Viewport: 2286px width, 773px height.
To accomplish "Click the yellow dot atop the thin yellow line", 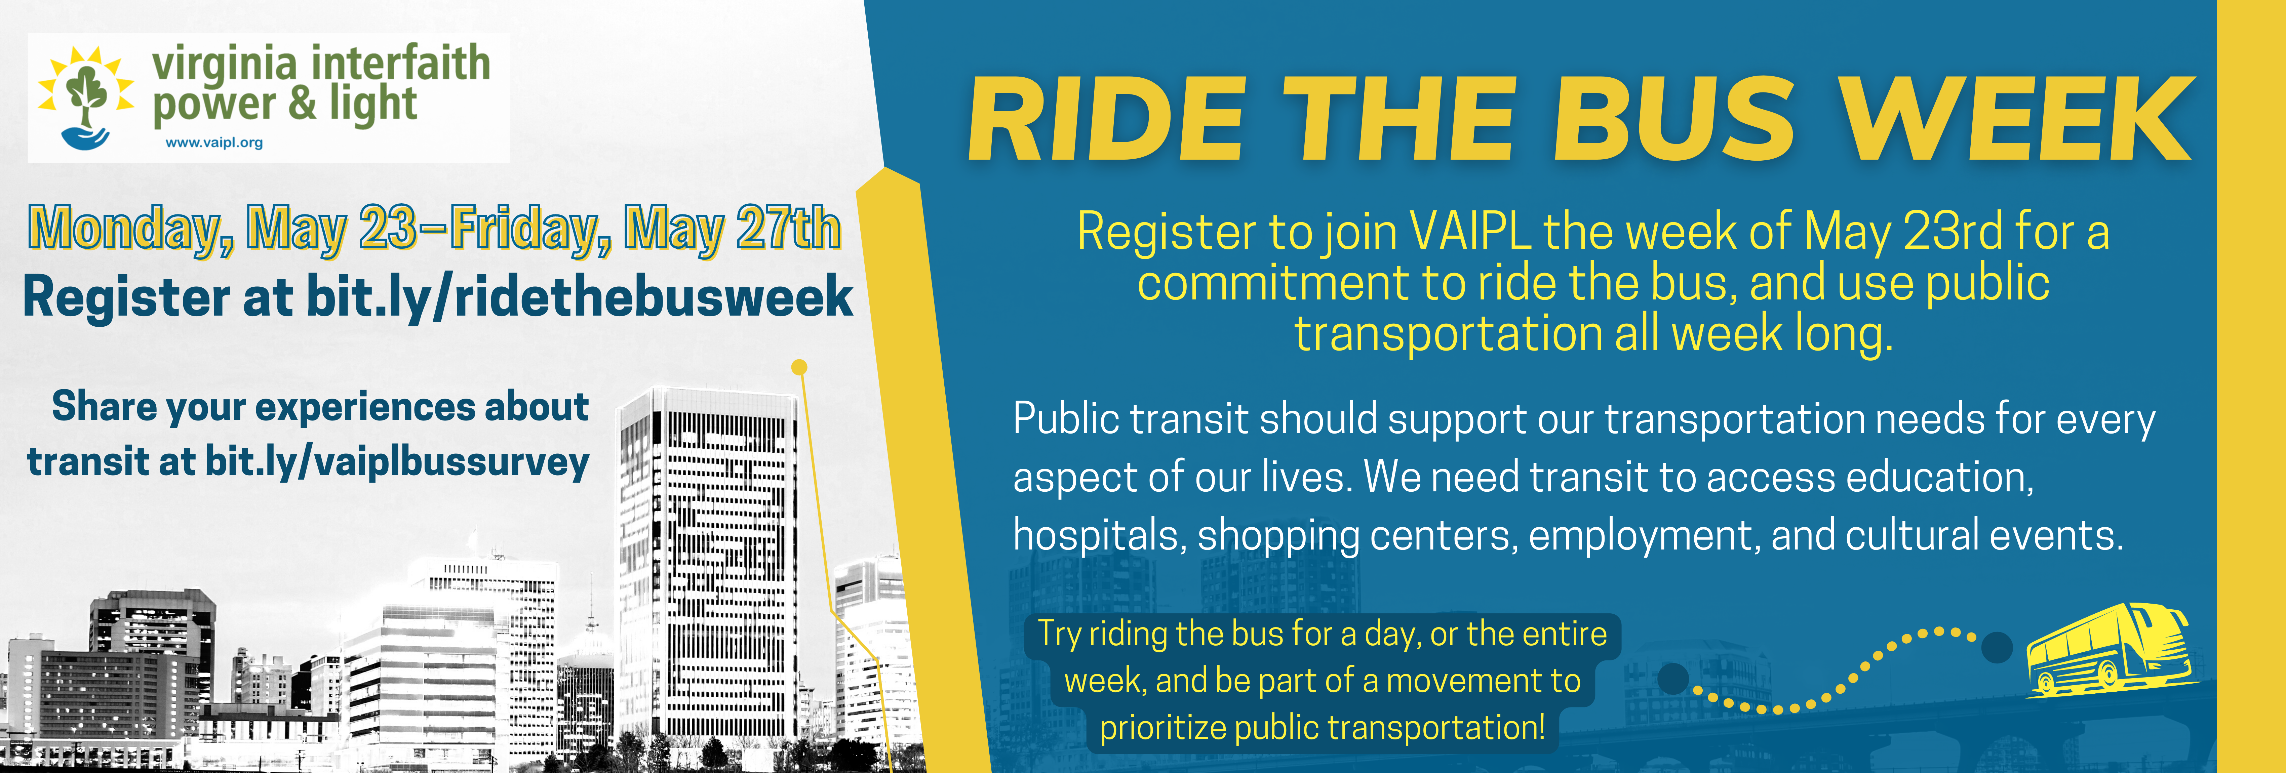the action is click(799, 367).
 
